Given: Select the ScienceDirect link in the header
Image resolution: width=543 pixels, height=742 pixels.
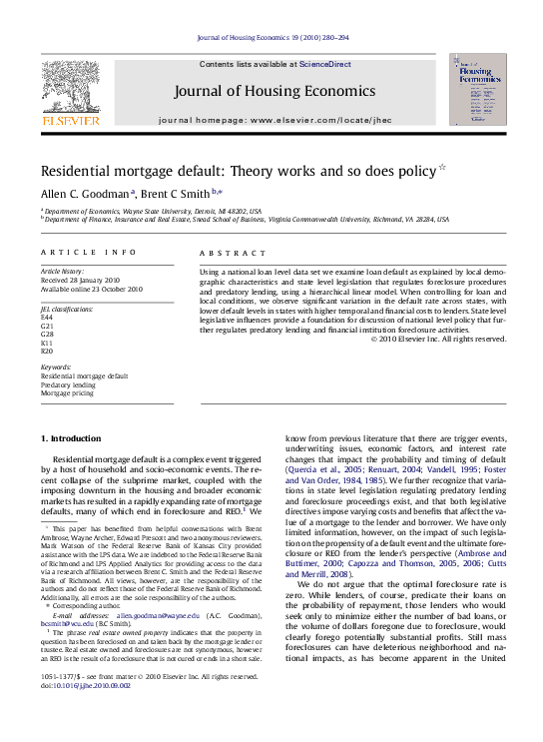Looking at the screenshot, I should (325, 64).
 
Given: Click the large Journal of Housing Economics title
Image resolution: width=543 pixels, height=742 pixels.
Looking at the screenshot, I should (274, 91).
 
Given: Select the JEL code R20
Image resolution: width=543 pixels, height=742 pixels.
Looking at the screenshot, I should (46, 351).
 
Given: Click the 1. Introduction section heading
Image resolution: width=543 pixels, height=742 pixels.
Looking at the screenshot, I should (71, 438).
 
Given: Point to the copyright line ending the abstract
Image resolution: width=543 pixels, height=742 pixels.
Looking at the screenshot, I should (439, 339).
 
